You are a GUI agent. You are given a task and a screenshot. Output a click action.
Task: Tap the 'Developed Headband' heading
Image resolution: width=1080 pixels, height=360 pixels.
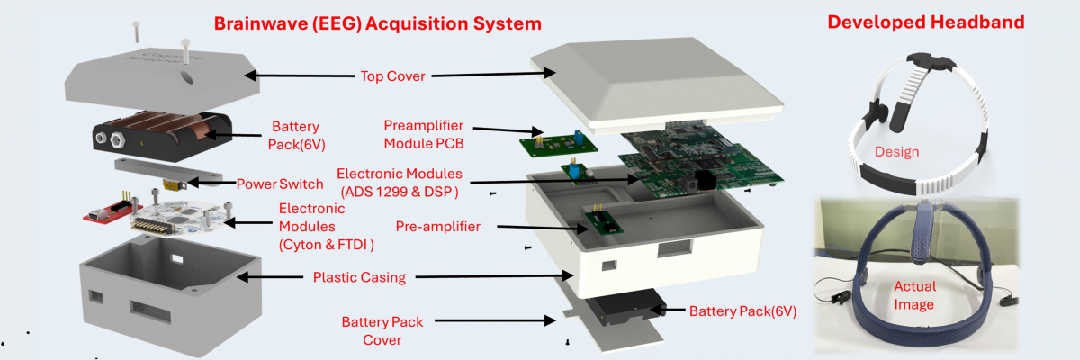[x=925, y=22]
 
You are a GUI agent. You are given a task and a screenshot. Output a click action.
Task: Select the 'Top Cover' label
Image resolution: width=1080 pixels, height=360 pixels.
[x=394, y=76]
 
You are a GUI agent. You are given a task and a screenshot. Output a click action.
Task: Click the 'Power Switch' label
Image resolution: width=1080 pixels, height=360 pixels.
[x=279, y=184]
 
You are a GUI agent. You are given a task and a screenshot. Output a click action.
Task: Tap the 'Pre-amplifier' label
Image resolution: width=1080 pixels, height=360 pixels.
[x=438, y=225]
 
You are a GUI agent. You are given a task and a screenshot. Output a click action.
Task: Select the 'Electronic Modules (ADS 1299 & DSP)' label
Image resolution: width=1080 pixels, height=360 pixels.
[x=399, y=182]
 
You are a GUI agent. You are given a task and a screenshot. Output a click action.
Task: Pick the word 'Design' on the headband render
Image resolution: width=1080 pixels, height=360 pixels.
[x=896, y=152]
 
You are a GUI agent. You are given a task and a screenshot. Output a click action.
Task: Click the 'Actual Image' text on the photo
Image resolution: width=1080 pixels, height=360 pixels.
[x=914, y=295]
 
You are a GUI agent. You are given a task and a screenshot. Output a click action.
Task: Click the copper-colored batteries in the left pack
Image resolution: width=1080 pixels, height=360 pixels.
[x=171, y=129]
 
